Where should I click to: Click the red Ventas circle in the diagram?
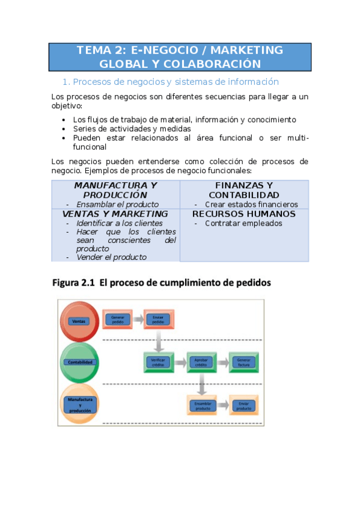[x=79, y=321]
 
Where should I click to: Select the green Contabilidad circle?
[x=79, y=362]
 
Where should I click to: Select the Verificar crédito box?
[x=158, y=363]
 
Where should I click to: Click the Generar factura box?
[x=243, y=363]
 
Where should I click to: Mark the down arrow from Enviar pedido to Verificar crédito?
[x=158, y=342]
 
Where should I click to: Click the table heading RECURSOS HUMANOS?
[x=244, y=214]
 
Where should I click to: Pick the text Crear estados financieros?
[x=251, y=204]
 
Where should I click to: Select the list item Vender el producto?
[x=111, y=257]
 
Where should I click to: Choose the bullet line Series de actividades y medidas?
[x=132, y=129]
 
